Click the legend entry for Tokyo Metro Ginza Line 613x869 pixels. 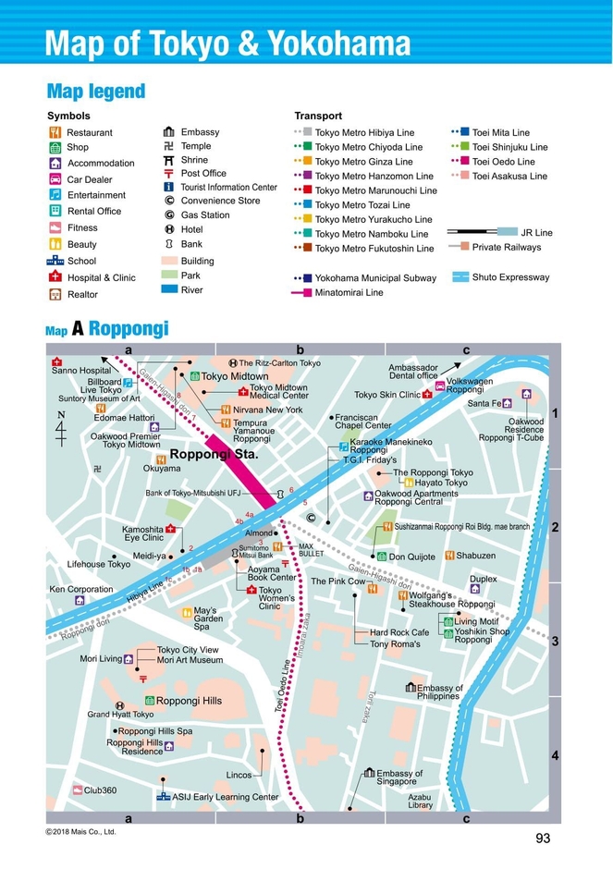pyautogui.click(x=363, y=162)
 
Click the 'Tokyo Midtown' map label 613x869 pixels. pyautogui.click(x=234, y=376)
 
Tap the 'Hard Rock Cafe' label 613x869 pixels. pyautogui.click(x=399, y=632)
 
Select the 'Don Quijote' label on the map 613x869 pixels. pyautogui.click(x=411, y=557)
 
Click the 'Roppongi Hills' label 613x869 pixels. pyautogui.click(x=189, y=701)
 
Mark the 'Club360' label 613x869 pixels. pyautogui.click(x=100, y=790)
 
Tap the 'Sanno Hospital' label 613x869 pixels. pyautogui.click(x=81, y=370)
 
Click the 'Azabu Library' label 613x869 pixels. pyautogui.click(x=420, y=801)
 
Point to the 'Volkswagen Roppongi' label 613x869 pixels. pyautogui.click(x=470, y=386)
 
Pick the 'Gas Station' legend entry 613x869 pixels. pyautogui.click(x=204, y=215)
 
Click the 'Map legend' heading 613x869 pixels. pyautogui.click(x=95, y=91)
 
